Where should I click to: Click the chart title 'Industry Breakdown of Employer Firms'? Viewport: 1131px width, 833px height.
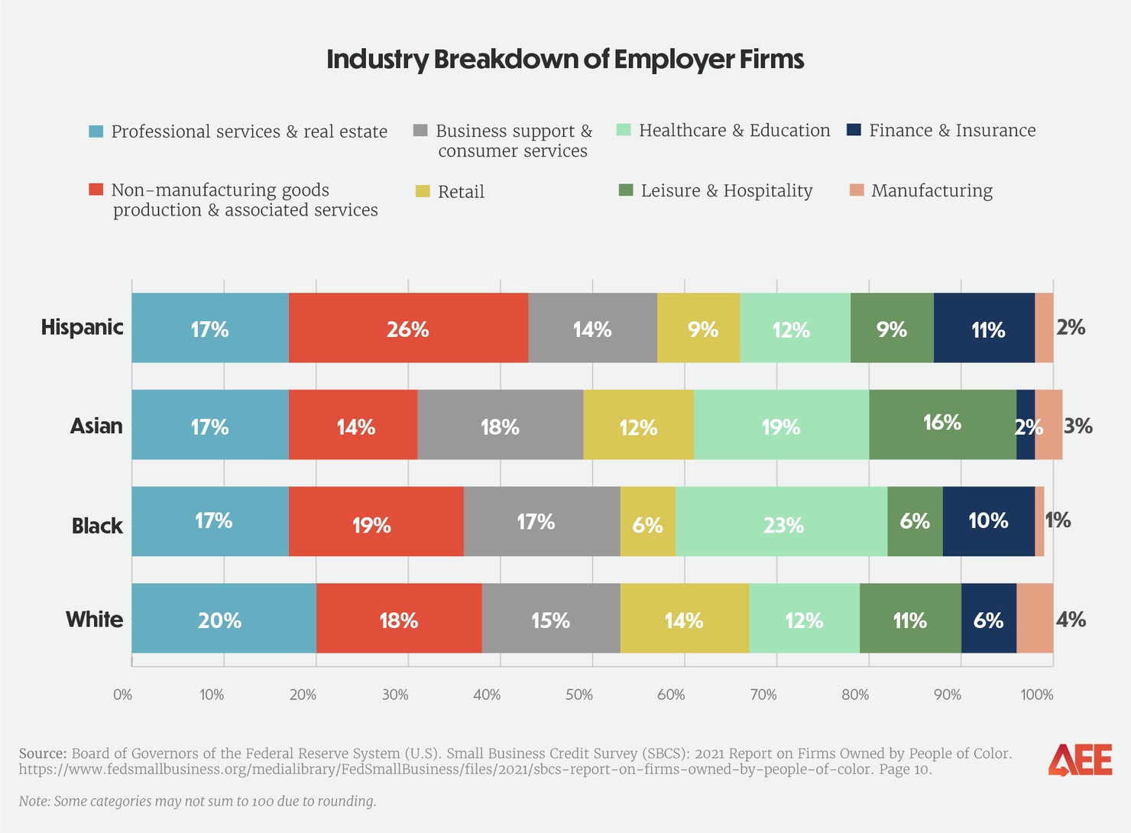(565, 60)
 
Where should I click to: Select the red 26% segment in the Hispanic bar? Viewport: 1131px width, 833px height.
(408, 328)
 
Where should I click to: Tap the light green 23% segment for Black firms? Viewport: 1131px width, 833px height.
(781, 521)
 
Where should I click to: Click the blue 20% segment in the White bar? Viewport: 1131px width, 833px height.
(223, 618)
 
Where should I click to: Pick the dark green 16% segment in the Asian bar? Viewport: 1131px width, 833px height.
(942, 424)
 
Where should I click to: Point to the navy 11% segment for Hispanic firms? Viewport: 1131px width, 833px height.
(984, 328)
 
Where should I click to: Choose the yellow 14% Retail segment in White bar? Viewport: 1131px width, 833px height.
(684, 618)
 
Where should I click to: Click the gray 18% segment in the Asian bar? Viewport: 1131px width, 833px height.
(500, 424)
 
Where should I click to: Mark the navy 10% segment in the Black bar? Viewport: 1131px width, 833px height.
(988, 521)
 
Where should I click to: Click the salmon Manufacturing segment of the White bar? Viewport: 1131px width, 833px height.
(1035, 618)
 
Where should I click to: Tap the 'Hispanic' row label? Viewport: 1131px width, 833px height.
(82, 327)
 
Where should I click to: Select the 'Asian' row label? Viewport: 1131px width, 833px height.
(96, 425)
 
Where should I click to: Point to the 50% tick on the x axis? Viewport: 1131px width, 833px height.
(578, 695)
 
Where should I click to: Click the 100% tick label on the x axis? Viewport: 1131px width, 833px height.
(1036, 695)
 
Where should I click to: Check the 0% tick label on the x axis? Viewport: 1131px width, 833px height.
(122, 695)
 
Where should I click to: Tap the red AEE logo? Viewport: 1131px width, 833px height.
(1079, 760)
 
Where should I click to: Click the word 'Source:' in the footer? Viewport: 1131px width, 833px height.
(42, 754)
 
